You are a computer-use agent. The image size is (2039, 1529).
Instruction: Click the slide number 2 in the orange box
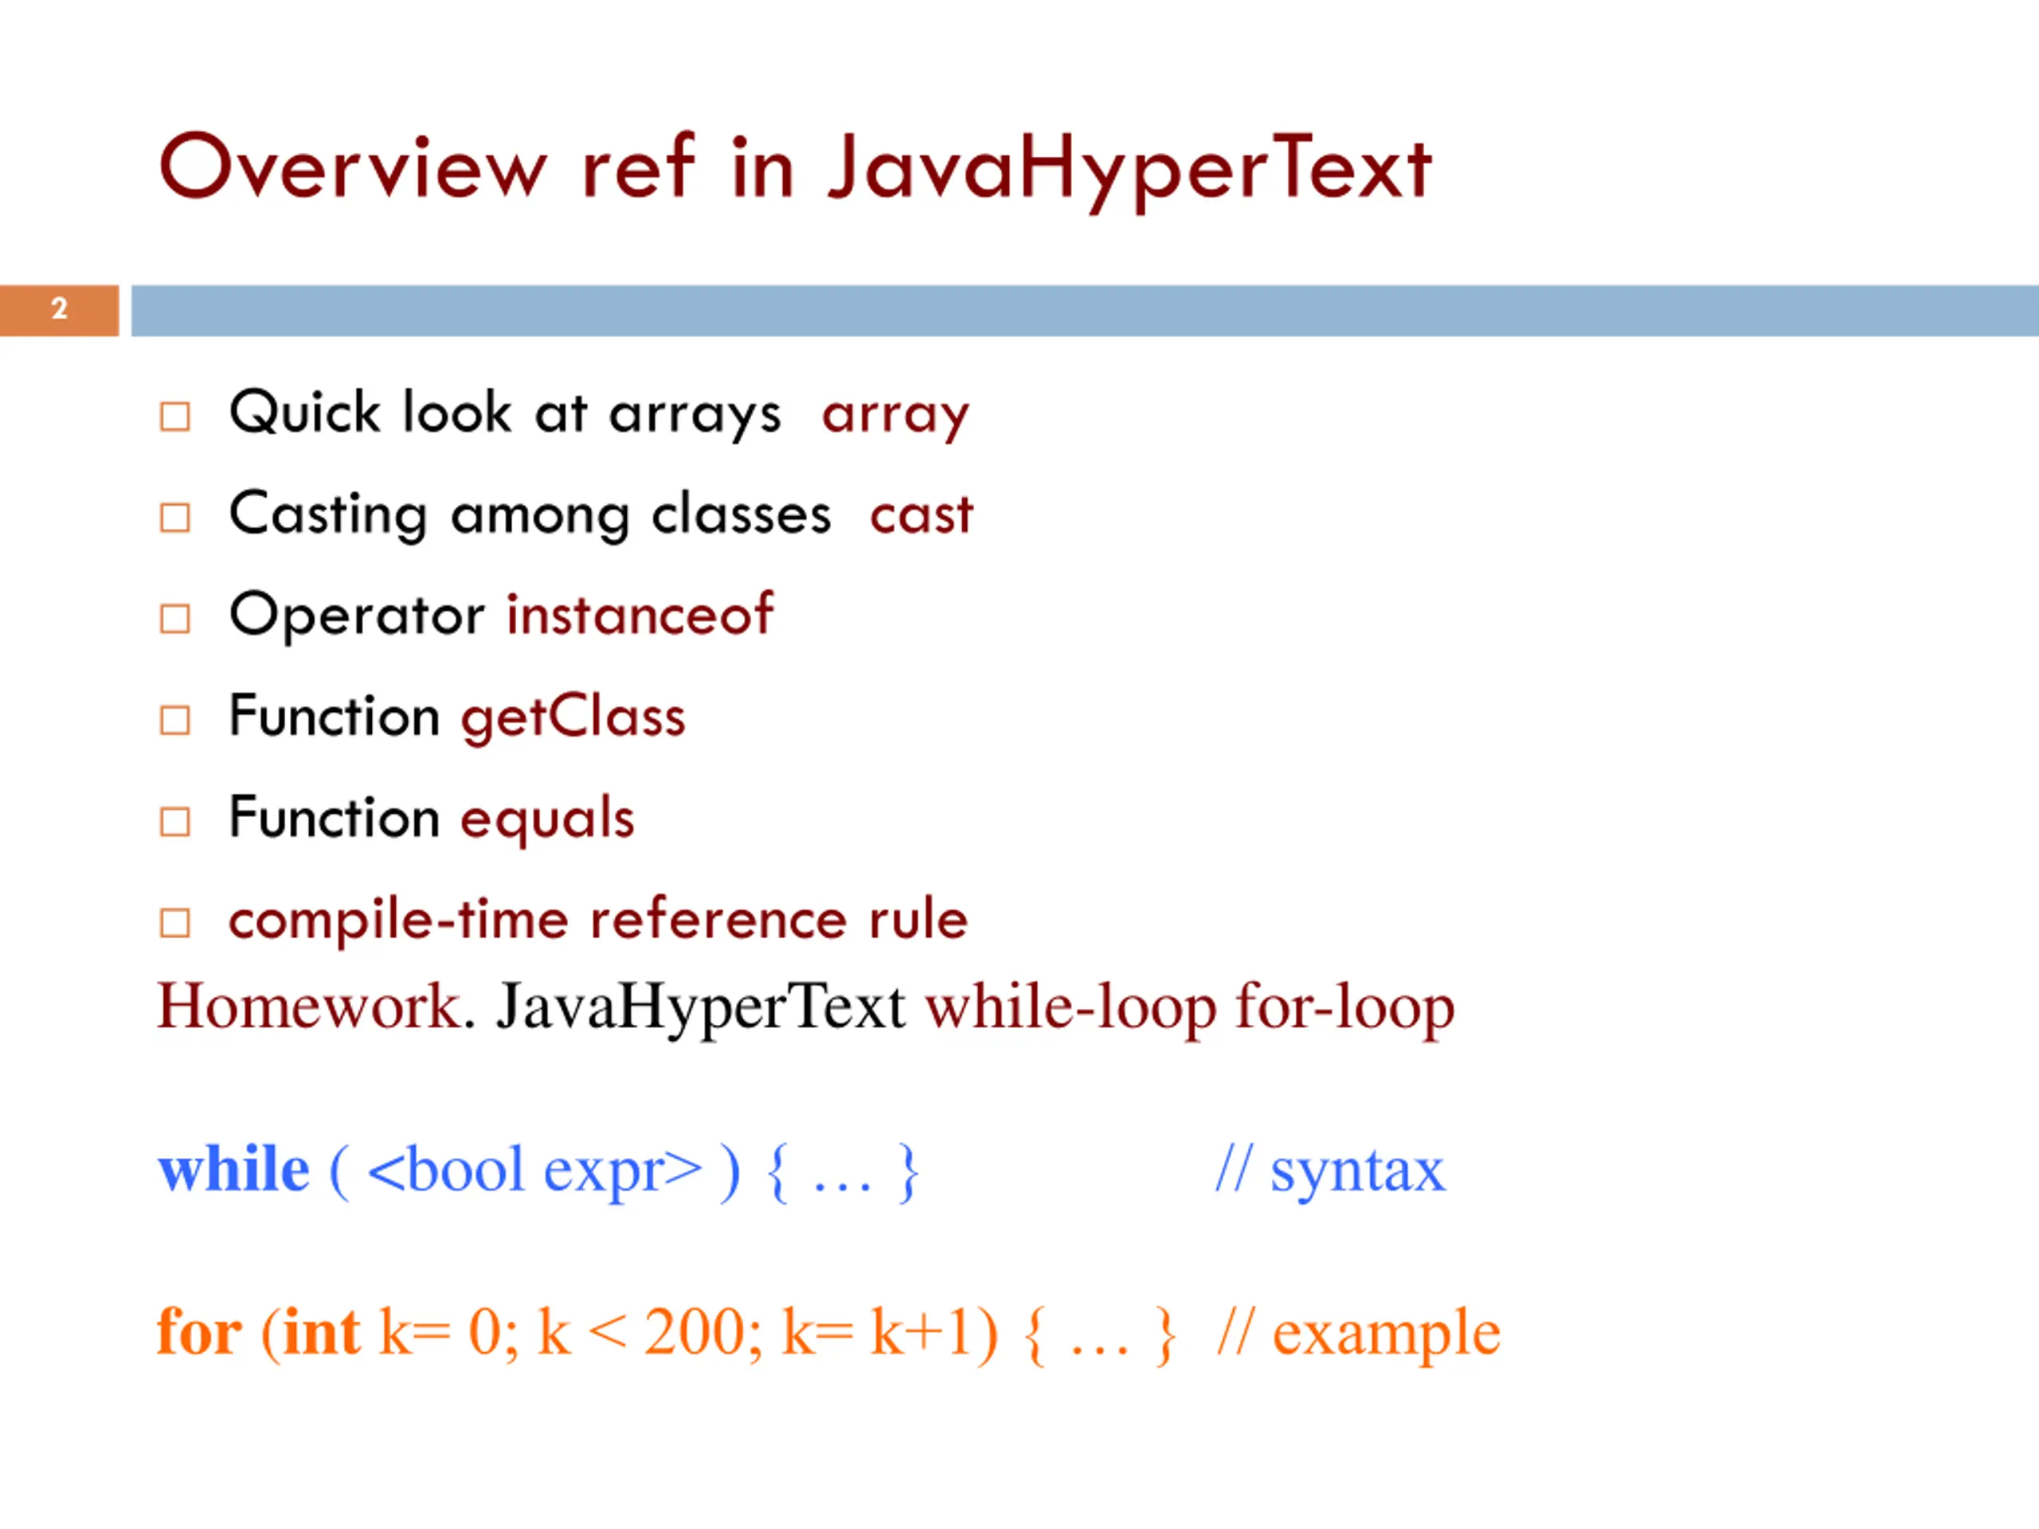(59, 309)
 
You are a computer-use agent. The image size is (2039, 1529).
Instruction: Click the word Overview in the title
(353, 168)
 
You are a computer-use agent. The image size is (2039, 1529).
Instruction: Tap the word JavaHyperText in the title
(1129, 168)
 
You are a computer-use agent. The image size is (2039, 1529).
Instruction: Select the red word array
(895, 415)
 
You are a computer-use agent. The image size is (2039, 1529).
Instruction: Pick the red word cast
(921, 514)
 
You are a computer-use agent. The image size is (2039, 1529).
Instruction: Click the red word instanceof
(640, 615)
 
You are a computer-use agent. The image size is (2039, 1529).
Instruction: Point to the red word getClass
(573, 716)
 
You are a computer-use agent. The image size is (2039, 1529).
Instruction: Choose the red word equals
(547, 819)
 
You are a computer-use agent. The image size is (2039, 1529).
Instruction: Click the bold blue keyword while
(234, 1171)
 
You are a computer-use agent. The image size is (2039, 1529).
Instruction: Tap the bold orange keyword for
(199, 1332)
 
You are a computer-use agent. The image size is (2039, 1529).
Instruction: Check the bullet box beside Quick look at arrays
(175, 416)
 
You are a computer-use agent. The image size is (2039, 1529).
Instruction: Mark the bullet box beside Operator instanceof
(175, 619)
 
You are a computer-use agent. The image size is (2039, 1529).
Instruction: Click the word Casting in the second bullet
(328, 514)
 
